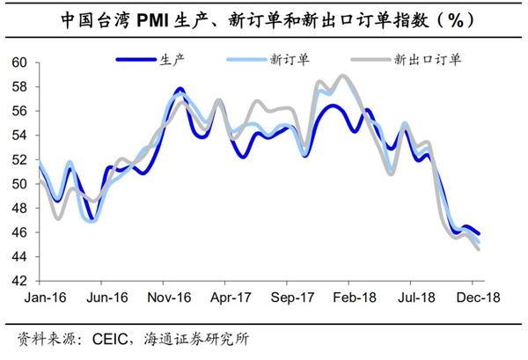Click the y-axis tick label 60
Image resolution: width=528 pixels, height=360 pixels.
[19, 62]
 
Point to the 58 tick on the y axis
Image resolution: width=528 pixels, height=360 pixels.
[19, 87]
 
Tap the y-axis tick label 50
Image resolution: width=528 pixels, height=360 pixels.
[19, 184]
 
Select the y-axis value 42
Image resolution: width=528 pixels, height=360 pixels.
[19, 281]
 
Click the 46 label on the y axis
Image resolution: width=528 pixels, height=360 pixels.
[19, 232]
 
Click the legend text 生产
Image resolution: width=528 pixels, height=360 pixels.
[172, 61]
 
